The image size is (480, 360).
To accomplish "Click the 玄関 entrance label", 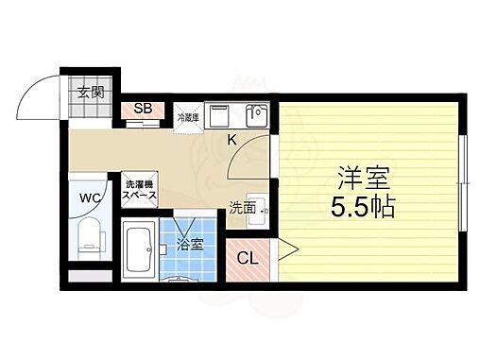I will click(92, 93).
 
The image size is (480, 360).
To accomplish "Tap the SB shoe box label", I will click(143, 108).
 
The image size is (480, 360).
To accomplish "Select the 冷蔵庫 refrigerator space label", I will click(187, 117).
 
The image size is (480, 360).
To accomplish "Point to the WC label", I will click(90, 197).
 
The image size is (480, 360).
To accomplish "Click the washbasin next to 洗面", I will click(264, 207).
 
